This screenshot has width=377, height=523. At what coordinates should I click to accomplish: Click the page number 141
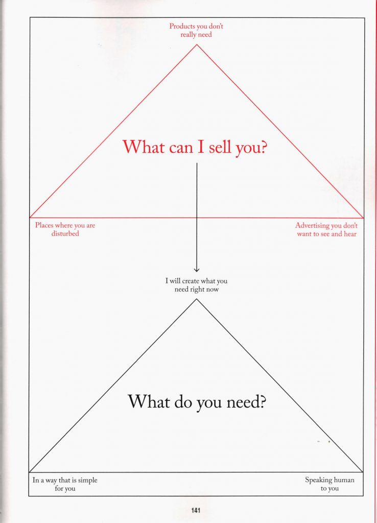pos(196,510)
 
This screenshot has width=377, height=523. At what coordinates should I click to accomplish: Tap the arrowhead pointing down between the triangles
pos(197,270)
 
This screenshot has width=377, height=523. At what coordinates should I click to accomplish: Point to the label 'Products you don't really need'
pos(196,30)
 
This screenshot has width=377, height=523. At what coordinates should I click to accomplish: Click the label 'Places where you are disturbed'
pos(65,229)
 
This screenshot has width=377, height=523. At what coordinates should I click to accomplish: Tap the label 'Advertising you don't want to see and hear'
pos(326,229)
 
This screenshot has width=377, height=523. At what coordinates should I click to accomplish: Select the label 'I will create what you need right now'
pos(196,285)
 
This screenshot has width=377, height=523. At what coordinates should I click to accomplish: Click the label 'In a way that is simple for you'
pos(65,484)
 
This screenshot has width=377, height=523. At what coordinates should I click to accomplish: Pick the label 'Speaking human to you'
pos(329,484)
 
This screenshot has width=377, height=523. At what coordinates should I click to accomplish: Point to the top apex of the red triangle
pos(197,45)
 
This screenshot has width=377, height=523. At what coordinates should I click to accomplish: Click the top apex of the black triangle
pos(197,299)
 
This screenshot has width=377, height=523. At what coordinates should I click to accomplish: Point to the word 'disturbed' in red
pos(65,234)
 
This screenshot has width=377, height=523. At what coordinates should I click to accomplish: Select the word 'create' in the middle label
pos(191,281)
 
